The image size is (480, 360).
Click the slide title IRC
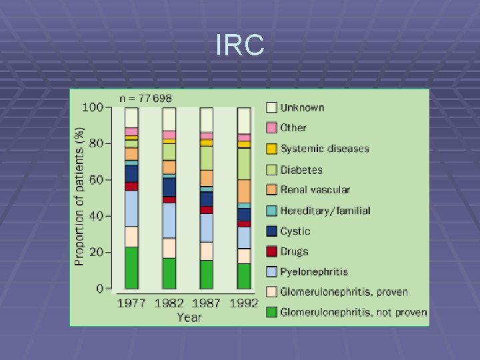click(x=240, y=46)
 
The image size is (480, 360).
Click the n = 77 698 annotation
click(x=145, y=98)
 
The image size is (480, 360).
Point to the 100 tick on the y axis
click(x=92, y=107)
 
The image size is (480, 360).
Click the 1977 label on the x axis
click(x=131, y=303)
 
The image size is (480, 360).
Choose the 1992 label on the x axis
click(x=244, y=303)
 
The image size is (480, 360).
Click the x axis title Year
click(x=189, y=317)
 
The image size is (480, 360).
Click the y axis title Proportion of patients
click(x=79, y=198)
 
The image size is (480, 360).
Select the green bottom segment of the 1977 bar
click(x=131, y=267)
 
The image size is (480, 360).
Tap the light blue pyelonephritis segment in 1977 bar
click(x=131, y=208)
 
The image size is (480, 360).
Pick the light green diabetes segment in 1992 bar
click(x=244, y=163)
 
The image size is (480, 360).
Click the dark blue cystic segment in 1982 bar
click(x=169, y=187)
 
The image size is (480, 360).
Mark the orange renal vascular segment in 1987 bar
click(x=207, y=178)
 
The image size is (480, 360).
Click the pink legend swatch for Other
click(x=271, y=127)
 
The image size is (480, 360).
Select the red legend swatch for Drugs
click(x=271, y=251)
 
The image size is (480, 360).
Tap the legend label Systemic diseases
click(x=324, y=149)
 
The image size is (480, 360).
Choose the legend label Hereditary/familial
click(x=325, y=211)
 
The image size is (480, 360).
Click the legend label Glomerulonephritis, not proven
click(x=353, y=312)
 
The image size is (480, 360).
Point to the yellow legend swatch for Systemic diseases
click(x=271, y=148)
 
